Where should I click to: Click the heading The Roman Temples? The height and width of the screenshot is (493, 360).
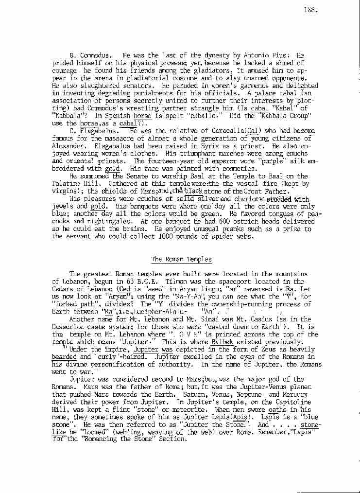coord(182,259)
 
